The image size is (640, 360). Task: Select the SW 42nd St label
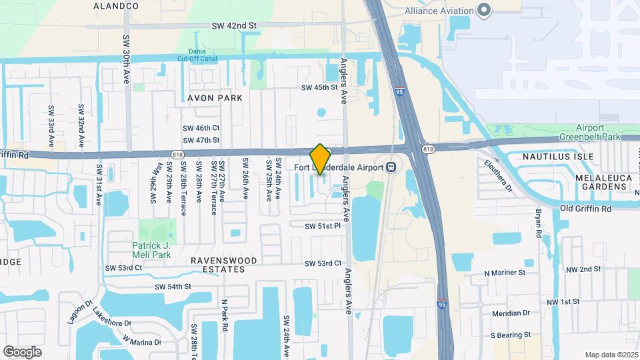tap(234, 25)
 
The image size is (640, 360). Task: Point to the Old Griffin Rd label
tap(586, 209)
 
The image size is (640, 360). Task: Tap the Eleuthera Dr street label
tap(498, 175)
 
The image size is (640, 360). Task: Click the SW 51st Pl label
tap(323, 226)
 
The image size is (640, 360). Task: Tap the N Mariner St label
tap(505, 273)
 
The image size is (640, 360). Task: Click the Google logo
tap(22, 351)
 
